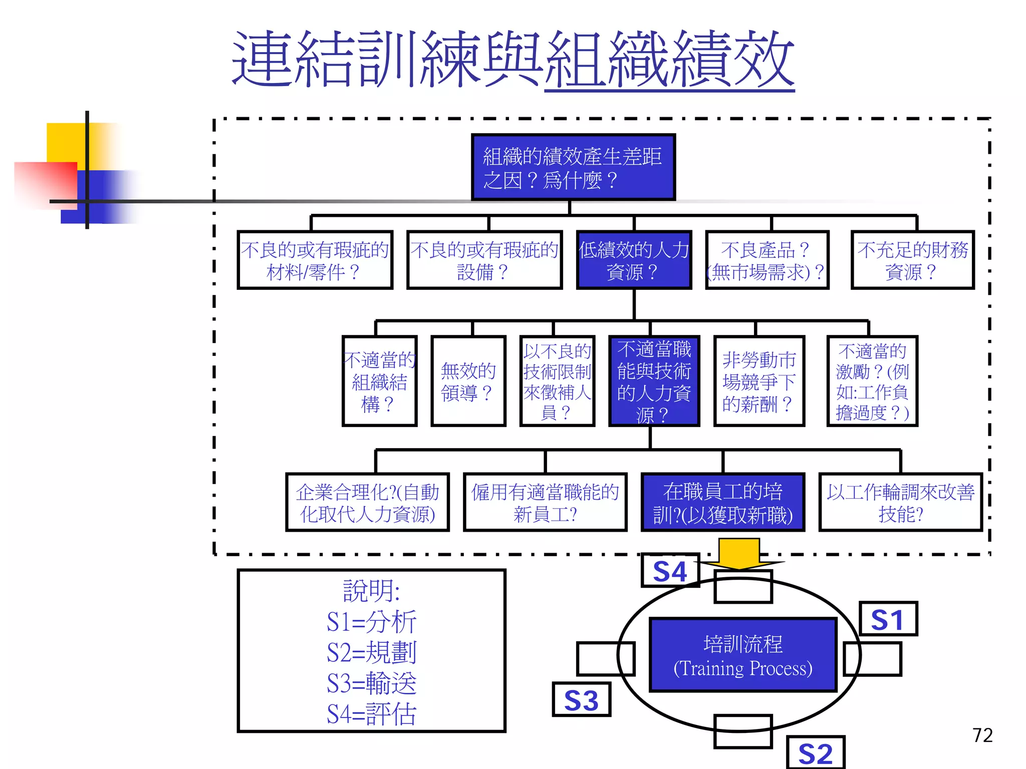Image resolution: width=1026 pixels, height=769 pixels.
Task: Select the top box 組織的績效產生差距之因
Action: (x=573, y=167)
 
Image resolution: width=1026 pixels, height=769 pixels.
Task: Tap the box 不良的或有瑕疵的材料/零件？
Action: (x=315, y=260)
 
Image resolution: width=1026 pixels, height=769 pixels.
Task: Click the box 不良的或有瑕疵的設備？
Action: (x=484, y=260)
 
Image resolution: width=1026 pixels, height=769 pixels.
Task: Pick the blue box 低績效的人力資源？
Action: (x=634, y=260)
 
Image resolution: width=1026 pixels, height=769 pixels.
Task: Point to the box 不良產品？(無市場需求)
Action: (x=766, y=260)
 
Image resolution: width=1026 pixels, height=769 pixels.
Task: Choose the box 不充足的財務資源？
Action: (x=912, y=260)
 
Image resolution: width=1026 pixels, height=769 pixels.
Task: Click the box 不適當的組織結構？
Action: (x=379, y=381)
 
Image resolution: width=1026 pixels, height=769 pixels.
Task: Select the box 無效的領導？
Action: (x=468, y=381)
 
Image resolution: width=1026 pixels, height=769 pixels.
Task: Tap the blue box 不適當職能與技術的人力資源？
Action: (x=654, y=381)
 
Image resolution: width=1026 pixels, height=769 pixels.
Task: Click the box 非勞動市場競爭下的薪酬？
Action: (x=758, y=381)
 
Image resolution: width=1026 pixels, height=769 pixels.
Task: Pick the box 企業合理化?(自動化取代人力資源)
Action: (x=367, y=503)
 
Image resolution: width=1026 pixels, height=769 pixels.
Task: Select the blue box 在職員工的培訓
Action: (x=722, y=503)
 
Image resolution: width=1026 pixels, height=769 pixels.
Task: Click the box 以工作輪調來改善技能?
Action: (x=900, y=503)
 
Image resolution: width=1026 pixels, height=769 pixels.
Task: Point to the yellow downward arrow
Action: (x=739, y=553)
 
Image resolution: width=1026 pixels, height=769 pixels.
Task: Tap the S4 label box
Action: (x=670, y=571)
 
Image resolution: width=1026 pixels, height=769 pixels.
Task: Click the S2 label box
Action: (x=815, y=752)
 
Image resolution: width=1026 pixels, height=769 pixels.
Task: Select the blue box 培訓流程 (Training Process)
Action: (x=743, y=655)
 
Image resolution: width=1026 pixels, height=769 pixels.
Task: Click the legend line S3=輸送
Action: (x=371, y=683)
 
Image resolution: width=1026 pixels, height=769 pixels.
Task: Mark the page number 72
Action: (x=982, y=735)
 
